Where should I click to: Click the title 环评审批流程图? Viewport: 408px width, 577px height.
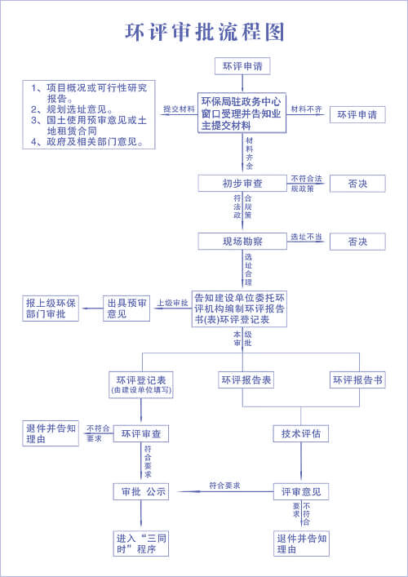pos(204,31)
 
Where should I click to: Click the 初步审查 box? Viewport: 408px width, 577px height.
pos(242,184)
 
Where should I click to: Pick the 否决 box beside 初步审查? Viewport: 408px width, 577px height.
pos(357,184)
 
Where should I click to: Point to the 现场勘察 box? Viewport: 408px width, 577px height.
pos(242,242)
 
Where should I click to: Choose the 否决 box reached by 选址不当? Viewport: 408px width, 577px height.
pos(357,242)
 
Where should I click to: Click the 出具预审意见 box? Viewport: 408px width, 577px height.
pos(126,308)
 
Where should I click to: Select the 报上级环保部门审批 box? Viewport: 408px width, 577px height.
pos(51,308)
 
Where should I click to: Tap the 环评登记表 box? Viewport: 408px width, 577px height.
pos(141,384)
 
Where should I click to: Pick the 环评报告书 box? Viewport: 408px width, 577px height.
pos(357,380)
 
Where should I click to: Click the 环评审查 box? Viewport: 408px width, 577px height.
pos(141,433)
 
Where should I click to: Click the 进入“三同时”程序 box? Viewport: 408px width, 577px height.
pos(141,544)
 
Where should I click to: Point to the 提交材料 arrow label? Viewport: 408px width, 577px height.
pos(179,109)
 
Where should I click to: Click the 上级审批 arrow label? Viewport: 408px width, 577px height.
pos(172,303)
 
